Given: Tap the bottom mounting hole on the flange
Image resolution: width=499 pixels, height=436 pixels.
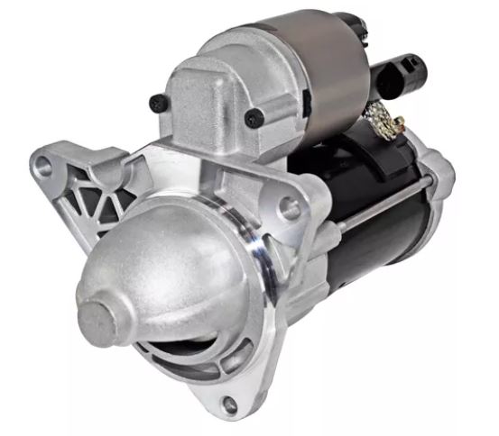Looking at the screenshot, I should coord(230,404).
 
